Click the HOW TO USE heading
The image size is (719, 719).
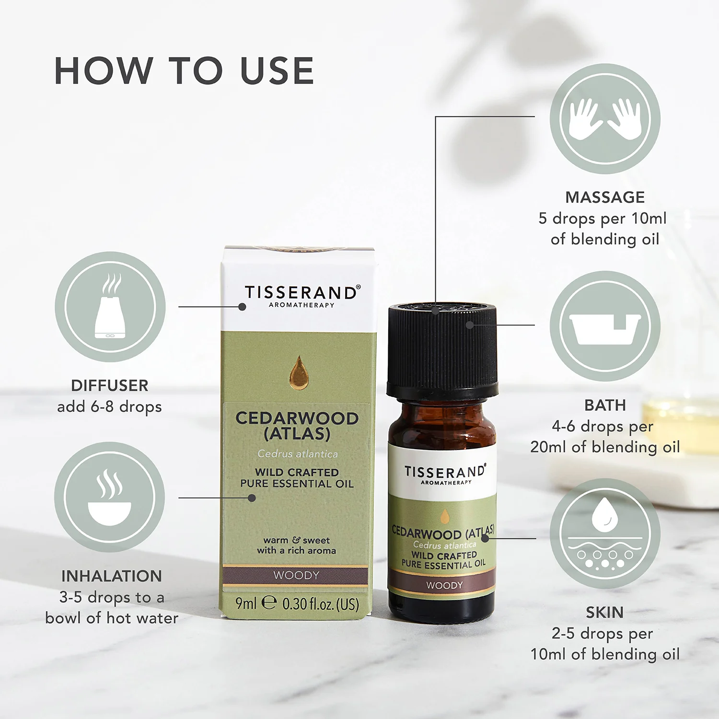coord(184,71)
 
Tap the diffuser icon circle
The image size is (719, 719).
coord(110,307)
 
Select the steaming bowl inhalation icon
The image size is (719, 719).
coord(110,497)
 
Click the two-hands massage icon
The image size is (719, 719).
coord(605,119)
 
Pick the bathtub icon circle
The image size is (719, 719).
coord(605,326)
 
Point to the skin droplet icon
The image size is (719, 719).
coord(605,533)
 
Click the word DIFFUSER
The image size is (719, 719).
coord(110,385)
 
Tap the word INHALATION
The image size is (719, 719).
coord(112,576)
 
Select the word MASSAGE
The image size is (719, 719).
coord(605,197)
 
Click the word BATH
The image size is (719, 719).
coord(605,405)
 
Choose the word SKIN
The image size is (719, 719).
coord(604,612)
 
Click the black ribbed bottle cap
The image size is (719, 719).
coord(442,350)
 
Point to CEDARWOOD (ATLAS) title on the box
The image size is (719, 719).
coord(297,426)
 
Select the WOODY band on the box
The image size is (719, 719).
coord(296,575)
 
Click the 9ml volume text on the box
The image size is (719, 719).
coord(246,603)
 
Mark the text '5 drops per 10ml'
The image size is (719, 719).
coord(603,219)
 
